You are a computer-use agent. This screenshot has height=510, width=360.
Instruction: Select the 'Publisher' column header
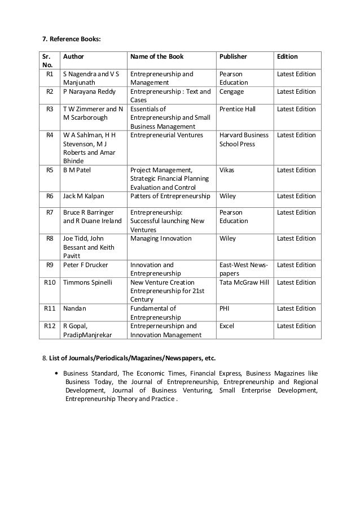pos(233,57)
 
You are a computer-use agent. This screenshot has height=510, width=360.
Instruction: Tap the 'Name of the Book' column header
pos(157,57)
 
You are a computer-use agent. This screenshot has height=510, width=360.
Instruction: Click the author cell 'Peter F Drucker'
pos(85,265)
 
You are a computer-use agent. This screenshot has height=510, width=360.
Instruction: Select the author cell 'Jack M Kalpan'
pos(83,196)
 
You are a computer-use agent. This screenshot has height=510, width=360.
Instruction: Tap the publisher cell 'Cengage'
pos(231,91)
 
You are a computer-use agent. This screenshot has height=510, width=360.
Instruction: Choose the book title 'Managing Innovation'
pos(161,239)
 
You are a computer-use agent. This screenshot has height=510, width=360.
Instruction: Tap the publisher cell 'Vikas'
pos(227,169)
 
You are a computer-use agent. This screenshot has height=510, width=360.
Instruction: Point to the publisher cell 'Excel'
pos(227,326)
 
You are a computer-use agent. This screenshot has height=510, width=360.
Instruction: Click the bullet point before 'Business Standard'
pos(58,373)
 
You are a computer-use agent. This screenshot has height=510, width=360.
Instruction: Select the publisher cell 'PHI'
pos(225,308)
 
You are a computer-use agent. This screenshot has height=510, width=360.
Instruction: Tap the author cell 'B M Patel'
pos(78,169)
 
